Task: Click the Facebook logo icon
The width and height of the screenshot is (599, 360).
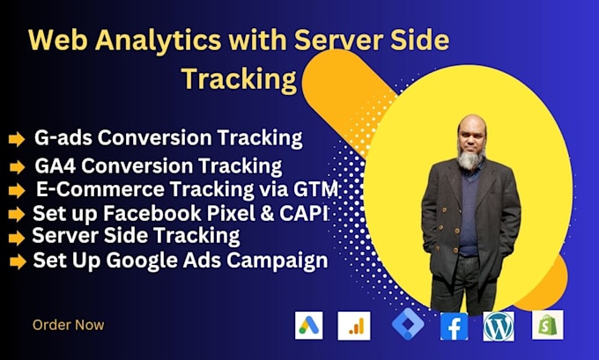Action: point(454,326)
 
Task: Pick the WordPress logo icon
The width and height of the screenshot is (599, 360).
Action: point(499,326)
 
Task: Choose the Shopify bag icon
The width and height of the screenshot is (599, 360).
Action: point(547,325)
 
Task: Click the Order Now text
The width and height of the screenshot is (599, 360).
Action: point(68,325)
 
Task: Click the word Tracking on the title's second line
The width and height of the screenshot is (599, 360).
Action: point(238,78)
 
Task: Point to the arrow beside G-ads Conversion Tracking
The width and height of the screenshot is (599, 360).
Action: point(16,139)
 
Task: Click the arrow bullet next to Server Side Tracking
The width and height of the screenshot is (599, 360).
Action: point(16,238)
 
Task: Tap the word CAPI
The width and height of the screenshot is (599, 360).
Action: point(314,212)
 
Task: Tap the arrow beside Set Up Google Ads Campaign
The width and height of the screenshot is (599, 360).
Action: point(16,261)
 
